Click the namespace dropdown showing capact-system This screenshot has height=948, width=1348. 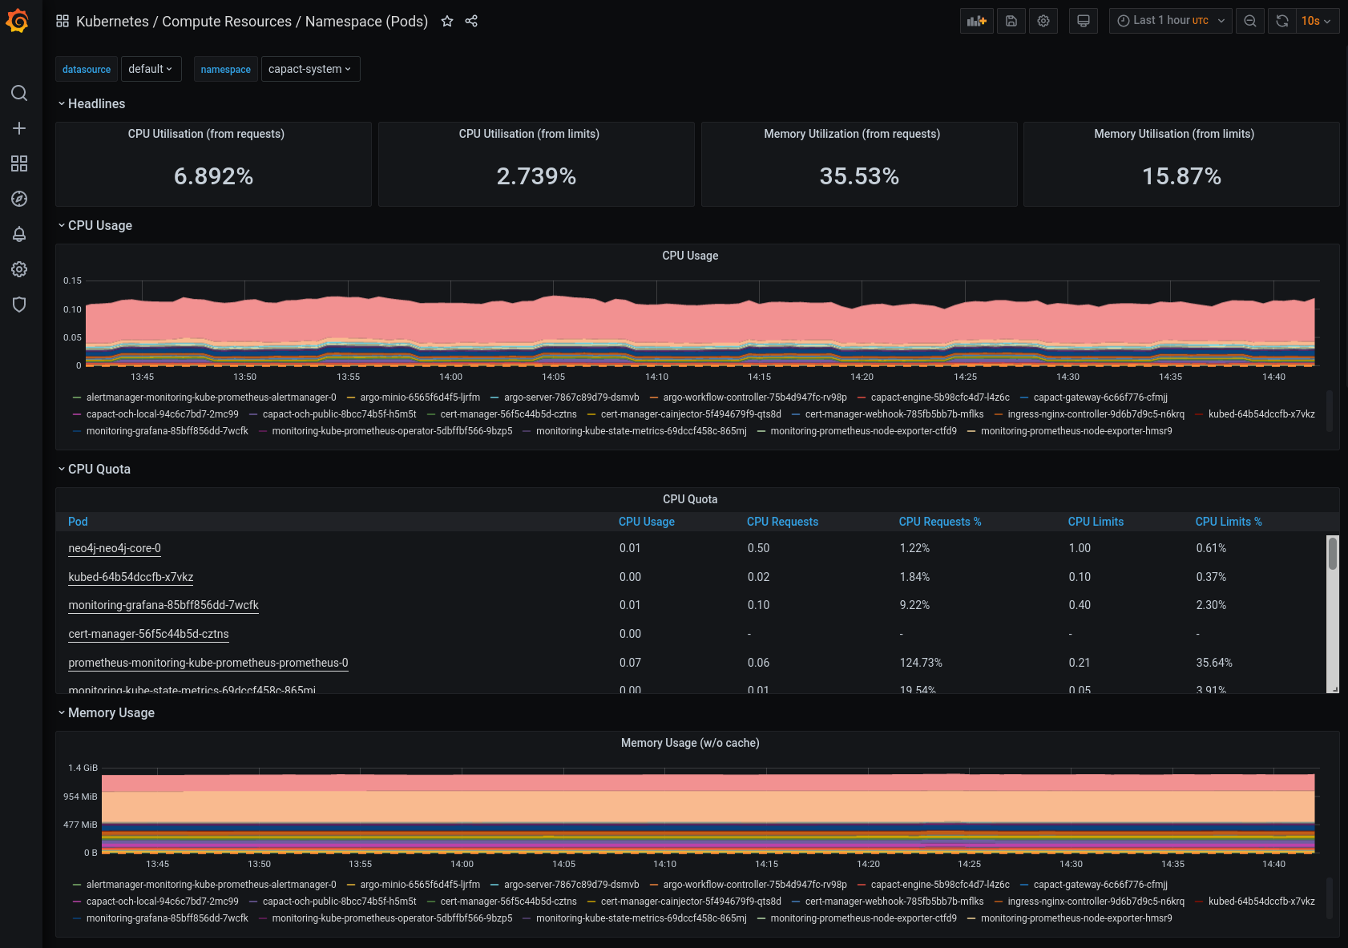[310, 69]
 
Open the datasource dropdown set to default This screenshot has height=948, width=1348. [151, 69]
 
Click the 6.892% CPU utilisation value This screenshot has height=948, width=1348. [213, 176]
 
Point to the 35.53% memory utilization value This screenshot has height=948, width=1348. [859, 176]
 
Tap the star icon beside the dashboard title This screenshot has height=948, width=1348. [447, 22]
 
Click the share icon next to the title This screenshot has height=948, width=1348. [471, 22]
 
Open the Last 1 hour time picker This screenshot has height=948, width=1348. [1170, 21]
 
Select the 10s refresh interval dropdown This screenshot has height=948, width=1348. [1316, 21]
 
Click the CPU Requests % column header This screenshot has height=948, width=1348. [939, 522]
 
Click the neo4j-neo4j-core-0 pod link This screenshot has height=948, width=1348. [115, 548]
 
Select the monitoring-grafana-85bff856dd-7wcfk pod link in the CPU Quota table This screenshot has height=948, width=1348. [163, 605]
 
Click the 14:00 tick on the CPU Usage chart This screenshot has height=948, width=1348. [450, 377]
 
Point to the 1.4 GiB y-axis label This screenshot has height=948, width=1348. [83, 768]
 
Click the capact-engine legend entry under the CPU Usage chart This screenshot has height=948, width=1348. [939, 397]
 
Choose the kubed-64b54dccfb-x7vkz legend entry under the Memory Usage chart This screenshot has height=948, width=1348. [1261, 902]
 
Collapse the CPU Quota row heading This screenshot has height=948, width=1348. [99, 470]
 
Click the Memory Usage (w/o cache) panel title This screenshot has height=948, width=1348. [690, 743]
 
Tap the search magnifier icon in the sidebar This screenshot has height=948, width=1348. [19, 93]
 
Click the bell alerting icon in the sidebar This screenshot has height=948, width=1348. [19, 234]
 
